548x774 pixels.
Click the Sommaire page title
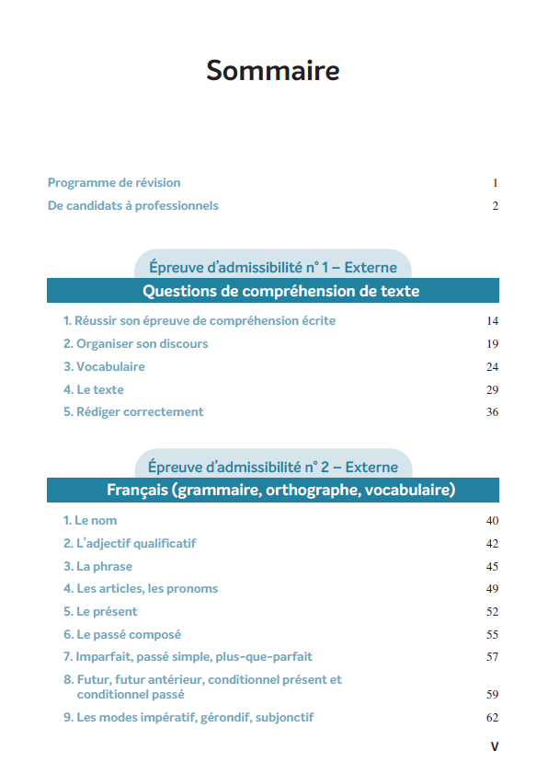coord(273,71)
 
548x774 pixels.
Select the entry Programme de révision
coord(114,182)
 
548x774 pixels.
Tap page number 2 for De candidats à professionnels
coord(495,206)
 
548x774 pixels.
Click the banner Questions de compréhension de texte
coord(273,292)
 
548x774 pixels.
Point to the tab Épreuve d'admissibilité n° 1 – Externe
coord(273,268)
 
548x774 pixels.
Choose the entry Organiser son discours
coord(136,344)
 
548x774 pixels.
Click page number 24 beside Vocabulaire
coord(492,367)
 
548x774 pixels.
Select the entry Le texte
coord(94,389)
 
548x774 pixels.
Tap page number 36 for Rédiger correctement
coord(492,412)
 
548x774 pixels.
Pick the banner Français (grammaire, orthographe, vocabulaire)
coord(273,490)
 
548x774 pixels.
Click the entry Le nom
coord(90,521)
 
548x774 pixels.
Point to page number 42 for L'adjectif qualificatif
coord(492,544)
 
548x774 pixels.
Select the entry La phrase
coord(98,566)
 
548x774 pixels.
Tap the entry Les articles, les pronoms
coord(141,589)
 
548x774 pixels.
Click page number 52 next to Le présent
coord(492,612)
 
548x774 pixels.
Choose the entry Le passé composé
coord(122,634)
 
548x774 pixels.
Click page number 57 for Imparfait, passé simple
coord(492,657)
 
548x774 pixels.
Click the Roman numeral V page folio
coord(495,746)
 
